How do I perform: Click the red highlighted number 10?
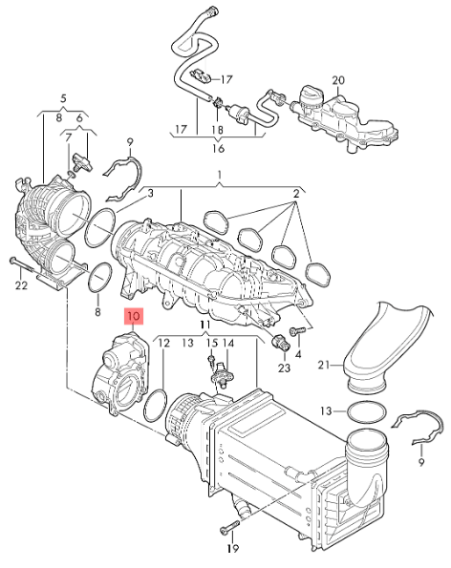[133, 314]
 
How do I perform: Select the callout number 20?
[338, 78]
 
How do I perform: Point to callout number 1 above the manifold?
[219, 175]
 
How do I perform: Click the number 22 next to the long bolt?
[63, 98]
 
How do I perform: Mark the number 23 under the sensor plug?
[284, 368]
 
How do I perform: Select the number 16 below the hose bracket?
[218, 149]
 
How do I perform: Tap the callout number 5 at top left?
[63, 98]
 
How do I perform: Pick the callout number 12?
[163, 342]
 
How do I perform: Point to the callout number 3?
[149, 194]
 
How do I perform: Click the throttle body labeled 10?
[114, 376]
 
